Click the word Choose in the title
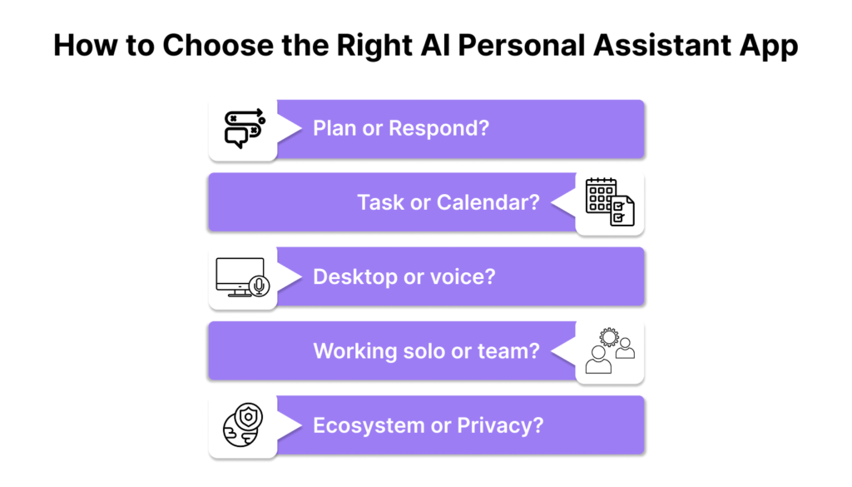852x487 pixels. pos(218,45)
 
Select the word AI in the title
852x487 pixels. pos(435,45)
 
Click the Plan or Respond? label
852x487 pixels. pos(401,128)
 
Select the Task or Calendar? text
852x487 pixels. pos(448,202)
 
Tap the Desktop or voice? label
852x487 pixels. pos(404,276)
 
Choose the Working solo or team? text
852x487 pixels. pos(427,351)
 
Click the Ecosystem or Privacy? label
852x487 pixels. pos(428,425)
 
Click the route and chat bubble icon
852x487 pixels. pos(245,128)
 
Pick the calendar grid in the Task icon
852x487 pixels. pos(600,195)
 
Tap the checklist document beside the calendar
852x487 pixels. pos(622,211)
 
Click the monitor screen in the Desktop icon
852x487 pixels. pos(239,275)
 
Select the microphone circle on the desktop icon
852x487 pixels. pos(260,286)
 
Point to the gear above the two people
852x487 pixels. pos(609,337)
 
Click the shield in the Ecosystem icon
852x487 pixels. pos(249,417)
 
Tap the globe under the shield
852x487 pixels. pos(239,430)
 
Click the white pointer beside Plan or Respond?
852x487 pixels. pos(290,128)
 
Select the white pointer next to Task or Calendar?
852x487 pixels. pos(563,202)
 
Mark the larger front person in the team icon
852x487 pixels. pos(598,360)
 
